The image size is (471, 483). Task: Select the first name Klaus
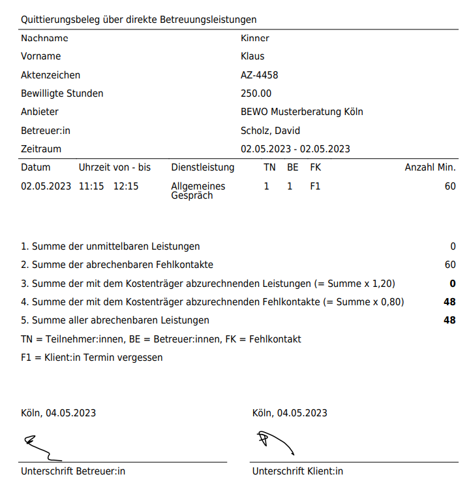click(252, 56)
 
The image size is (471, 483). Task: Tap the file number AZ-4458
click(259, 75)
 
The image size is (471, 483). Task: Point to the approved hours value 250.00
click(256, 93)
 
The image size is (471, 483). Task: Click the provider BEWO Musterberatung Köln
click(301, 112)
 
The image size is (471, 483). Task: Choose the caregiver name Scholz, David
click(270, 131)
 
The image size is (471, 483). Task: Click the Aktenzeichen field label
click(50, 75)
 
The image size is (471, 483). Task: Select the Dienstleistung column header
click(202, 167)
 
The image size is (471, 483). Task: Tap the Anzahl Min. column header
click(430, 167)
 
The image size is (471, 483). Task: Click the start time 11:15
click(91, 186)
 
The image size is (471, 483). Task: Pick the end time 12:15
click(126, 186)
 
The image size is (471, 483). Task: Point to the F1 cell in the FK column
click(316, 186)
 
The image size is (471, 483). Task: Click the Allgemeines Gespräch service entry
click(198, 190)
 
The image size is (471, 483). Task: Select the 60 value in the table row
click(449, 186)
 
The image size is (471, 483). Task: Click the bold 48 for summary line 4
click(449, 302)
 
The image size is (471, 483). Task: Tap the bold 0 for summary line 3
click(453, 284)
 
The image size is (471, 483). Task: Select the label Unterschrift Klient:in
click(297, 471)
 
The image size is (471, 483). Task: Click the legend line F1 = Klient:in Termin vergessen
click(92, 358)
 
